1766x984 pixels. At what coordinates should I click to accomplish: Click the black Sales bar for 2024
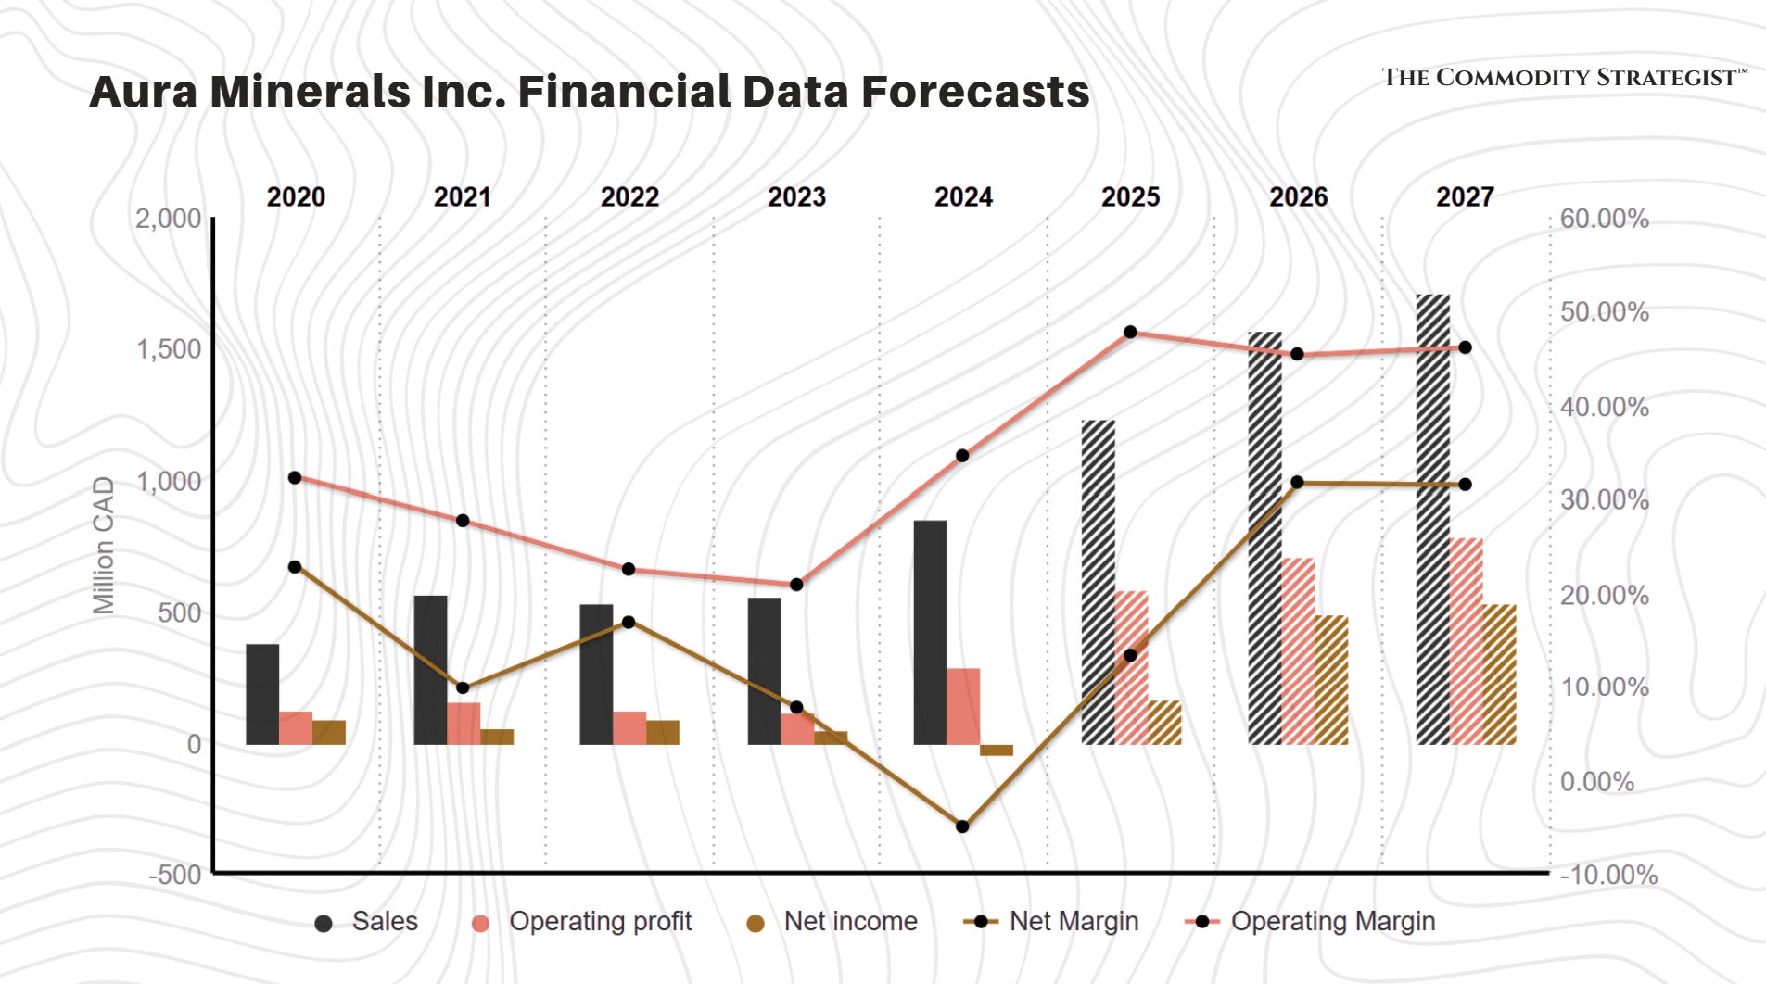pos(930,632)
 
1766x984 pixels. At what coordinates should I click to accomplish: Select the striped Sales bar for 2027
pos(1432,519)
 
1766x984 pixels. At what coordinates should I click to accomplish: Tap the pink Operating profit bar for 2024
pos(963,706)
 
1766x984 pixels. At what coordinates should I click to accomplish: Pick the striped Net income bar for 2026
pos(1331,679)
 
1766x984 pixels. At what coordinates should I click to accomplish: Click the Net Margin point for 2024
pos(962,826)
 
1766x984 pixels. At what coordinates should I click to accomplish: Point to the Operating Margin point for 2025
pos(1130,332)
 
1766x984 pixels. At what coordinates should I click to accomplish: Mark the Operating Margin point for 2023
pos(796,585)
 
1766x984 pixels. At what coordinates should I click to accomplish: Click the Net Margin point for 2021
pos(463,688)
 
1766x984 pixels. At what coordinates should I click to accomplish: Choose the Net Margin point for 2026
pos(1297,482)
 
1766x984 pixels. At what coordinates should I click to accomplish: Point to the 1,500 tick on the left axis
pos(169,349)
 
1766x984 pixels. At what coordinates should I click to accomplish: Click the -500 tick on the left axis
pos(175,875)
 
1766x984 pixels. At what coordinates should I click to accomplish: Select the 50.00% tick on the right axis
pos(1604,312)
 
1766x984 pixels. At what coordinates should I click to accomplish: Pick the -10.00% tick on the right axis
pos(1608,875)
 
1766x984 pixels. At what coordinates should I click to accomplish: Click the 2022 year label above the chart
pos(629,197)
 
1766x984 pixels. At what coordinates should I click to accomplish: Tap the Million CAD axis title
pos(104,546)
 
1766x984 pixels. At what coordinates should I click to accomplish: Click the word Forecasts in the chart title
pos(975,92)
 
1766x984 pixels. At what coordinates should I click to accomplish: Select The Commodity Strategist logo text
pos(1563,78)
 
